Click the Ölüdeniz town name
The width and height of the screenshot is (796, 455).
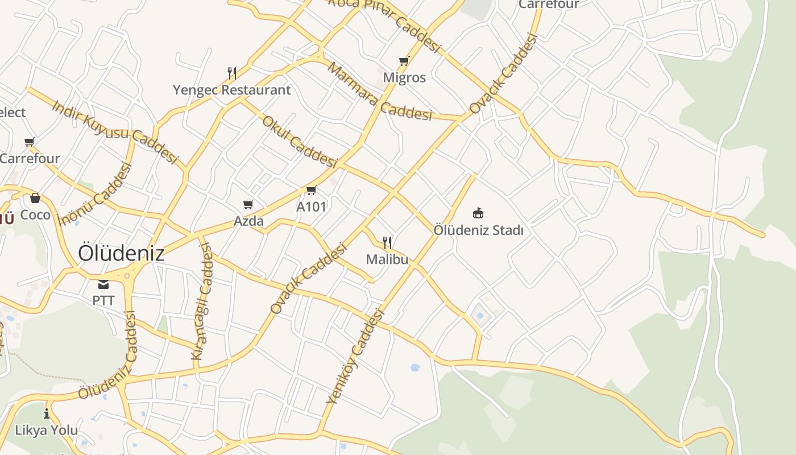(x=121, y=253)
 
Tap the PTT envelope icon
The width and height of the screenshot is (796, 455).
(x=103, y=284)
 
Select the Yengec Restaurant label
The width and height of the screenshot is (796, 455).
(x=231, y=90)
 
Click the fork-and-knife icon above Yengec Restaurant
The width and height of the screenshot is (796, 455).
(x=231, y=73)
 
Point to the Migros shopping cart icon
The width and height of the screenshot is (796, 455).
(x=404, y=61)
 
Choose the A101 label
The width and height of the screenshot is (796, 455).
(x=311, y=206)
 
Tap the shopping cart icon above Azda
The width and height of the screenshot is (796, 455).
(x=248, y=204)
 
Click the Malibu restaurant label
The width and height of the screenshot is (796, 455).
(x=387, y=259)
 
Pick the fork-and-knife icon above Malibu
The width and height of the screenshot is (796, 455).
(x=387, y=243)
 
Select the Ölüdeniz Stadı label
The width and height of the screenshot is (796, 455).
(x=478, y=230)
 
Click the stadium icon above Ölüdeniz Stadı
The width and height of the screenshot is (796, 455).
(x=478, y=213)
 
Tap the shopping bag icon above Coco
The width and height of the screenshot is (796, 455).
(x=35, y=198)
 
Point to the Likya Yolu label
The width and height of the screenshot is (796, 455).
(x=47, y=430)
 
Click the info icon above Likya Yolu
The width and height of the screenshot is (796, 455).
(x=47, y=413)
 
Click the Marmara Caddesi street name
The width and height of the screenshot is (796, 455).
(x=379, y=92)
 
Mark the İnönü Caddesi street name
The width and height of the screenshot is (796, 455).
(x=95, y=194)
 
